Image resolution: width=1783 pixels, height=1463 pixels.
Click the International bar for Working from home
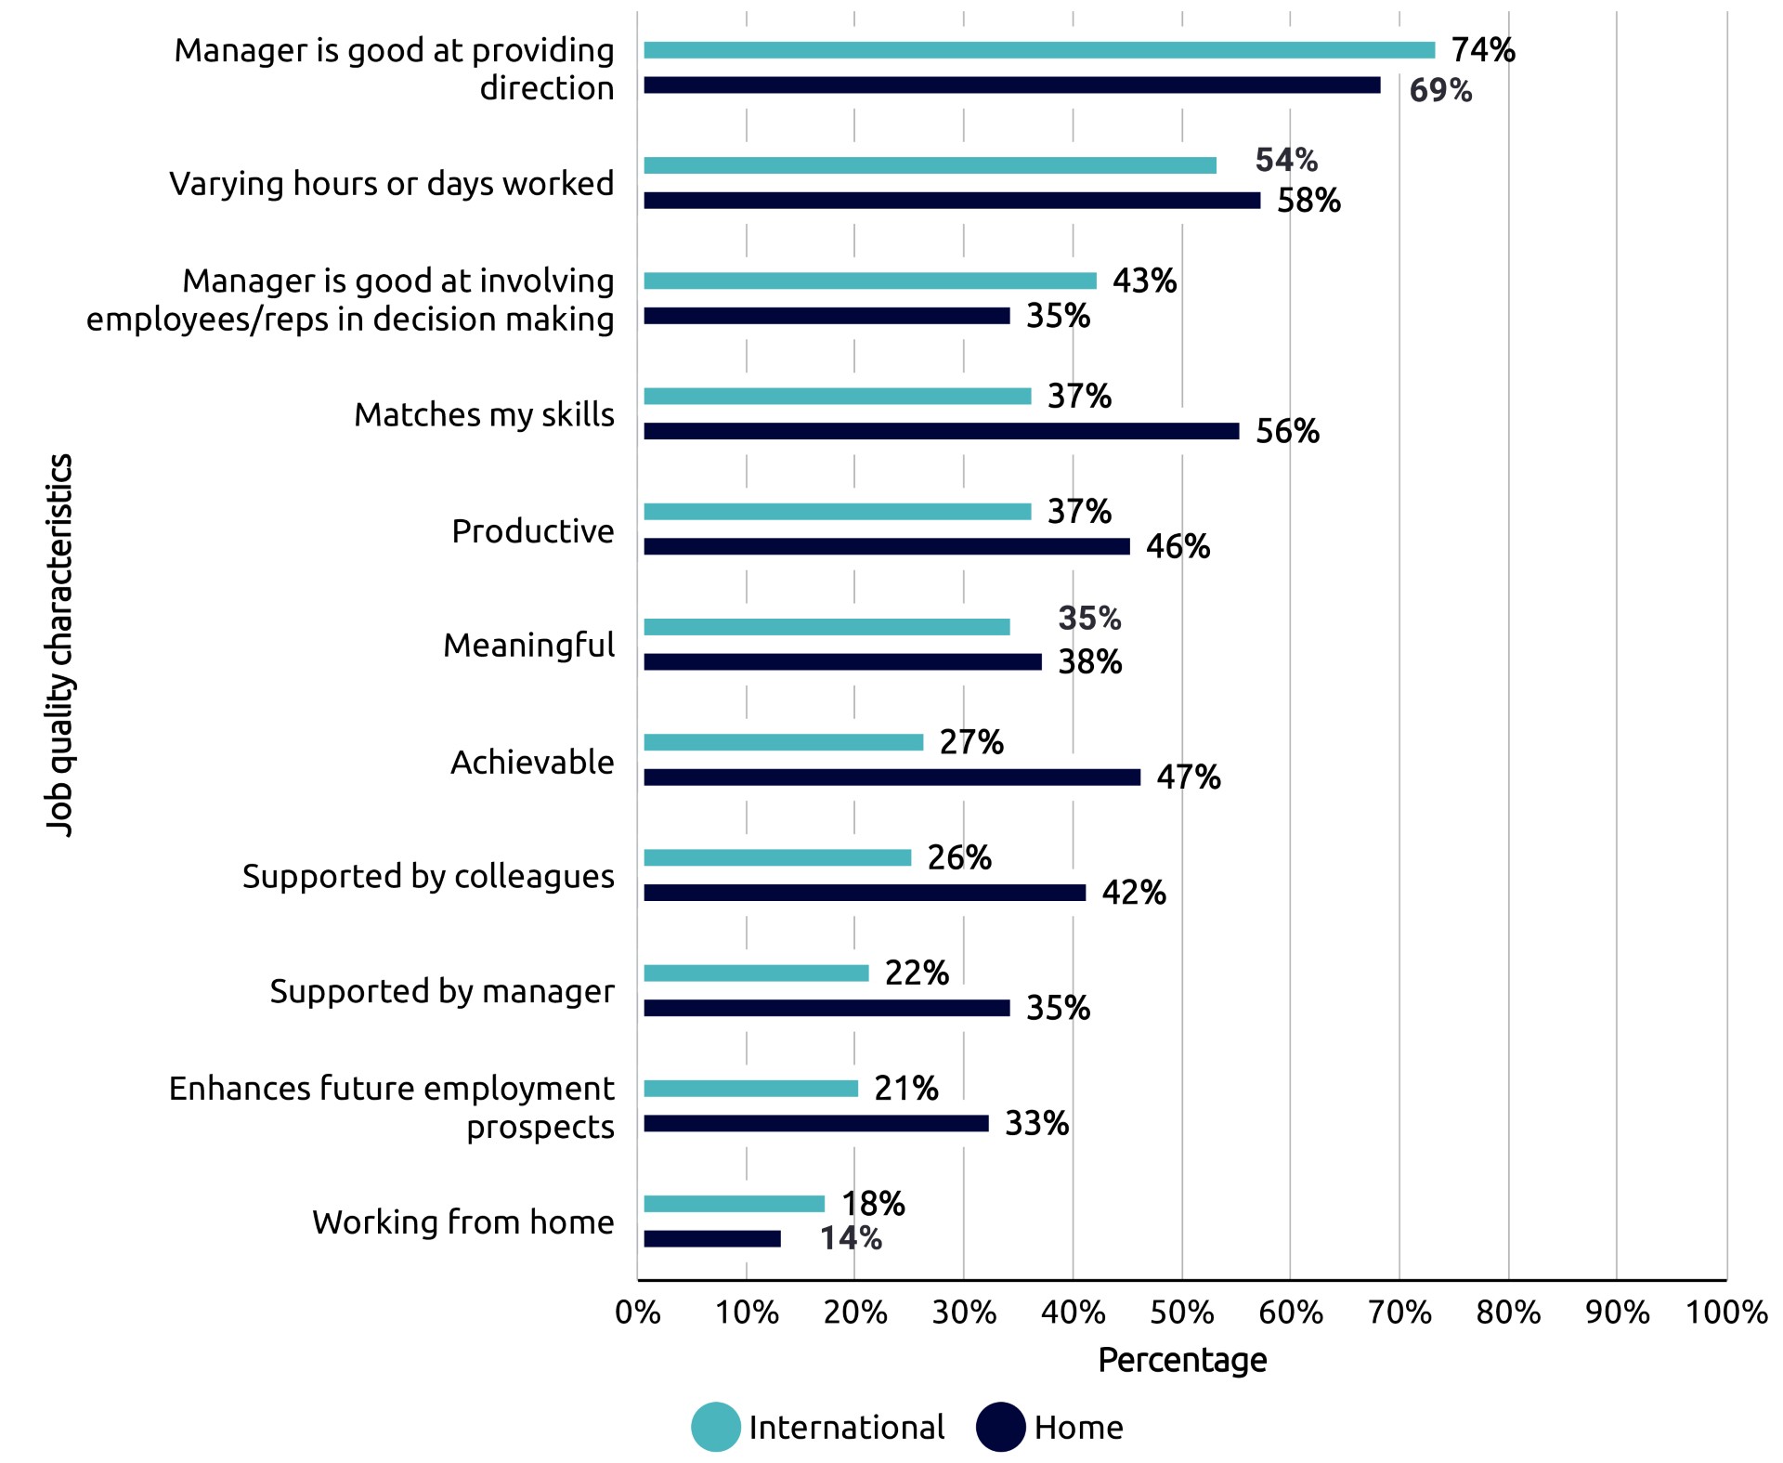(734, 1203)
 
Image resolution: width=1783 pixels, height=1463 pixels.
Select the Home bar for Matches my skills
(941, 431)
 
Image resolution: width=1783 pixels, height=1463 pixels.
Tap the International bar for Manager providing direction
(1038, 50)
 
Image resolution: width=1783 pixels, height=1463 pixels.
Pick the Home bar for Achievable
(891, 777)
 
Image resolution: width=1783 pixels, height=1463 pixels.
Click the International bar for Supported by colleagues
(777, 857)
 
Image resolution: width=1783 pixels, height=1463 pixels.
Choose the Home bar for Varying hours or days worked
(952, 201)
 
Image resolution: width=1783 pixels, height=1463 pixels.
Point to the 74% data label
(1483, 50)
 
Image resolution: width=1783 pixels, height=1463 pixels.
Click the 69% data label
(1440, 91)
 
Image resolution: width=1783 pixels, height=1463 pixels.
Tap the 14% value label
(851, 1238)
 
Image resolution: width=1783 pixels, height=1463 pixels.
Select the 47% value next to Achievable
(1189, 777)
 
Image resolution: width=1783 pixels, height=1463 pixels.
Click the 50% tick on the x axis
(1181, 1313)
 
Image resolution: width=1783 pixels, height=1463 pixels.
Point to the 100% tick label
(1725, 1313)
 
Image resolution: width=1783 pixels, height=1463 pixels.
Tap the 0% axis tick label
(638, 1313)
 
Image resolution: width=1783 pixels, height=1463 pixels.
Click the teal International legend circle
(716, 1427)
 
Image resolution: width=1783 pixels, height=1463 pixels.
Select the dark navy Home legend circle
(1000, 1427)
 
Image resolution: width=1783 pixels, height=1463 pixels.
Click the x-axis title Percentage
(1182, 1360)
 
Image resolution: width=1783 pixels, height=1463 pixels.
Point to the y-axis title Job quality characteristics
(59, 645)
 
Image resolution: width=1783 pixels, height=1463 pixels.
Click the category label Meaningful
(528, 645)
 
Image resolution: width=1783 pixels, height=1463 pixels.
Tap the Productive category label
(532, 530)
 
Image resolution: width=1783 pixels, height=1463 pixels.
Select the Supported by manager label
(442, 991)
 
